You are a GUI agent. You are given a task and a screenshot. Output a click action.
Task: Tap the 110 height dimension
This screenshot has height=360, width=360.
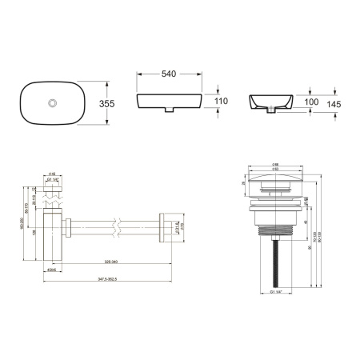click(x=222, y=101)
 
